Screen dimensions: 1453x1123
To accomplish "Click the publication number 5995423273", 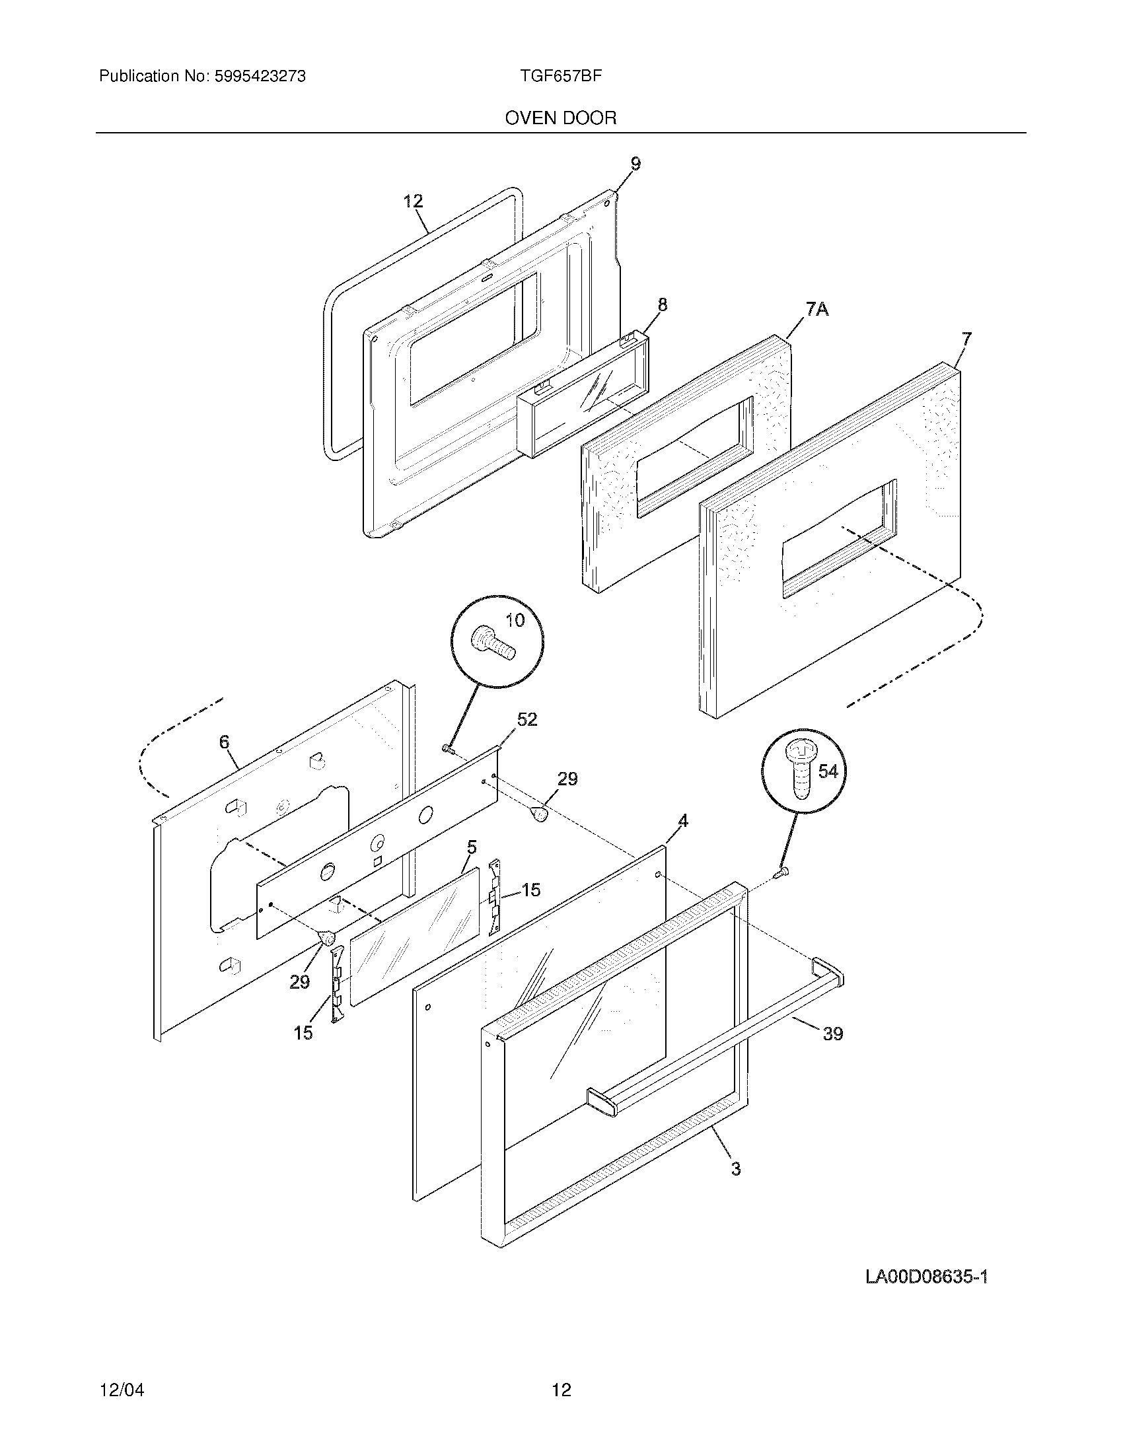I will (260, 77).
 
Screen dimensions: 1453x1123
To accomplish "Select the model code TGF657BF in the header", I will (561, 76).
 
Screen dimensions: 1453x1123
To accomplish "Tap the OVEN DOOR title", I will (561, 118).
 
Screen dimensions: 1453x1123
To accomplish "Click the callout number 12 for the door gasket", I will (413, 201).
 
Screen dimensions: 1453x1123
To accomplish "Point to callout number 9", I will (635, 164).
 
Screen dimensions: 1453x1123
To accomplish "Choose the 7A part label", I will (817, 308).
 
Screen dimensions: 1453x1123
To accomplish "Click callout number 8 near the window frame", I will (662, 304).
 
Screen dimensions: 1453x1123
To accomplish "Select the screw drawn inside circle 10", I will (492, 644).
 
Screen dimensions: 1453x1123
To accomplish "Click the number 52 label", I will (527, 719).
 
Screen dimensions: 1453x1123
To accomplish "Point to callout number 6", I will (224, 742).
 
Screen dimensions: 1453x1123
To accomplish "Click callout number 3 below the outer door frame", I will (736, 1168).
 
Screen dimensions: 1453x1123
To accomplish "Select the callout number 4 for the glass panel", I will (682, 821).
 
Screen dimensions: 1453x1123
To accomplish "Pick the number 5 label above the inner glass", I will (472, 847).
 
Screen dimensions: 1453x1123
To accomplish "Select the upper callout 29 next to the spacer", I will (567, 779).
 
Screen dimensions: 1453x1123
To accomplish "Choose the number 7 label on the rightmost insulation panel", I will (966, 339).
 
